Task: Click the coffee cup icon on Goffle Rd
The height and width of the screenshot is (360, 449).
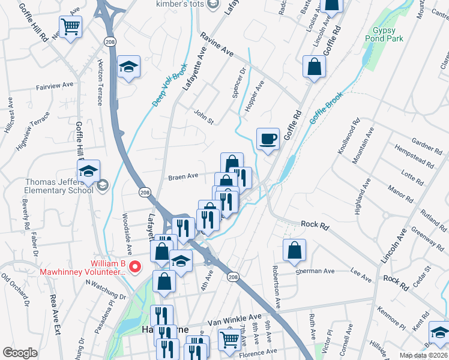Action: coord(268,139)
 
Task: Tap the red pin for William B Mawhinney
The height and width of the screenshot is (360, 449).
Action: coord(136,267)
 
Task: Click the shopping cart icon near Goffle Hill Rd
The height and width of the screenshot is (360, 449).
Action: coord(71,26)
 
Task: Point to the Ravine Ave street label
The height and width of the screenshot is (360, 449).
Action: coord(217,44)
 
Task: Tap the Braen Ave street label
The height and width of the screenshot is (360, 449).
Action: coord(183,176)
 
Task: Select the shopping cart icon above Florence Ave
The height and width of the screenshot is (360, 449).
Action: coord(229,340)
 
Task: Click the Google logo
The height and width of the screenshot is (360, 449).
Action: coord(20,353)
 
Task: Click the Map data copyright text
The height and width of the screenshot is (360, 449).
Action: coord(424,355)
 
